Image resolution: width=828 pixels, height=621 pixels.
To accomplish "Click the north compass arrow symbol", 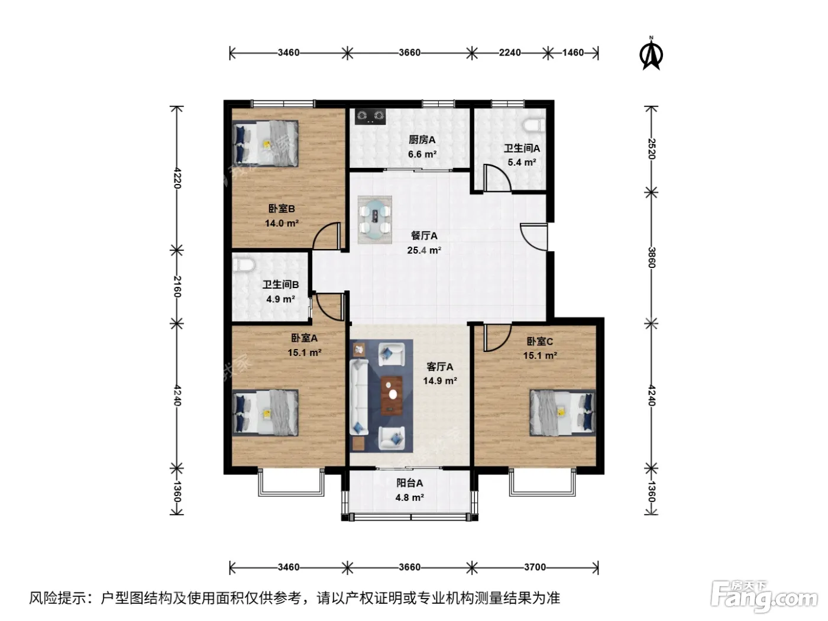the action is coord(651,54).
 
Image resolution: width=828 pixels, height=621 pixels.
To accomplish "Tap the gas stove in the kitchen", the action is coord(370,116).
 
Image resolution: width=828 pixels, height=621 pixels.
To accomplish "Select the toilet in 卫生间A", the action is coord(534,125).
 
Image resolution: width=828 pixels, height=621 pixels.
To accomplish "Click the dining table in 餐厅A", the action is coord(374,219).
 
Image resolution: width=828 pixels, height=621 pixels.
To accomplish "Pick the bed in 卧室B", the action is coord(265,144).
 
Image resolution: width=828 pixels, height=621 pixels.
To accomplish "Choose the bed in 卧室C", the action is coord(562,412).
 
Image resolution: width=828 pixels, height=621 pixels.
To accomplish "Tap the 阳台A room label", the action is coord(409,483).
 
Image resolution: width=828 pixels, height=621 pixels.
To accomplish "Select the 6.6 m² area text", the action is coord(422,154).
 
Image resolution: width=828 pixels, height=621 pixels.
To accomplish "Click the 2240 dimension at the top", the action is coord(510,53).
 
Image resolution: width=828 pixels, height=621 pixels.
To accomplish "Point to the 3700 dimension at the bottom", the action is coord(535,567).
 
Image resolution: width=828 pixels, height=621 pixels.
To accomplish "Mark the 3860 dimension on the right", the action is coord(652,257).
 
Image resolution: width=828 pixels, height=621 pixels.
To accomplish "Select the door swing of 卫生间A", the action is coord(499,178).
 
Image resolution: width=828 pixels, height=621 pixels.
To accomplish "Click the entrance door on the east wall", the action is coord(533,237).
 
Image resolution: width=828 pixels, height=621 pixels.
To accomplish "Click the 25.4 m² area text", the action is coord(424,250).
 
